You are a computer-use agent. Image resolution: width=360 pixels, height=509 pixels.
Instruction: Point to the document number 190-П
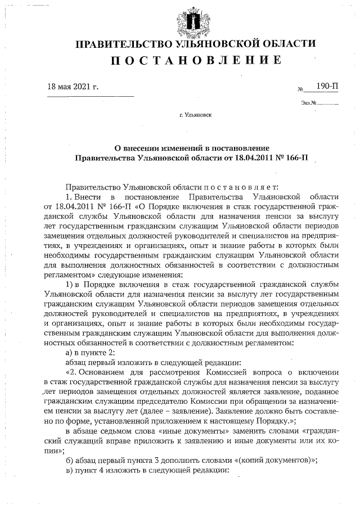328,86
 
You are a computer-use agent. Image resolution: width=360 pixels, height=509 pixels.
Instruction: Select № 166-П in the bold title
294,157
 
